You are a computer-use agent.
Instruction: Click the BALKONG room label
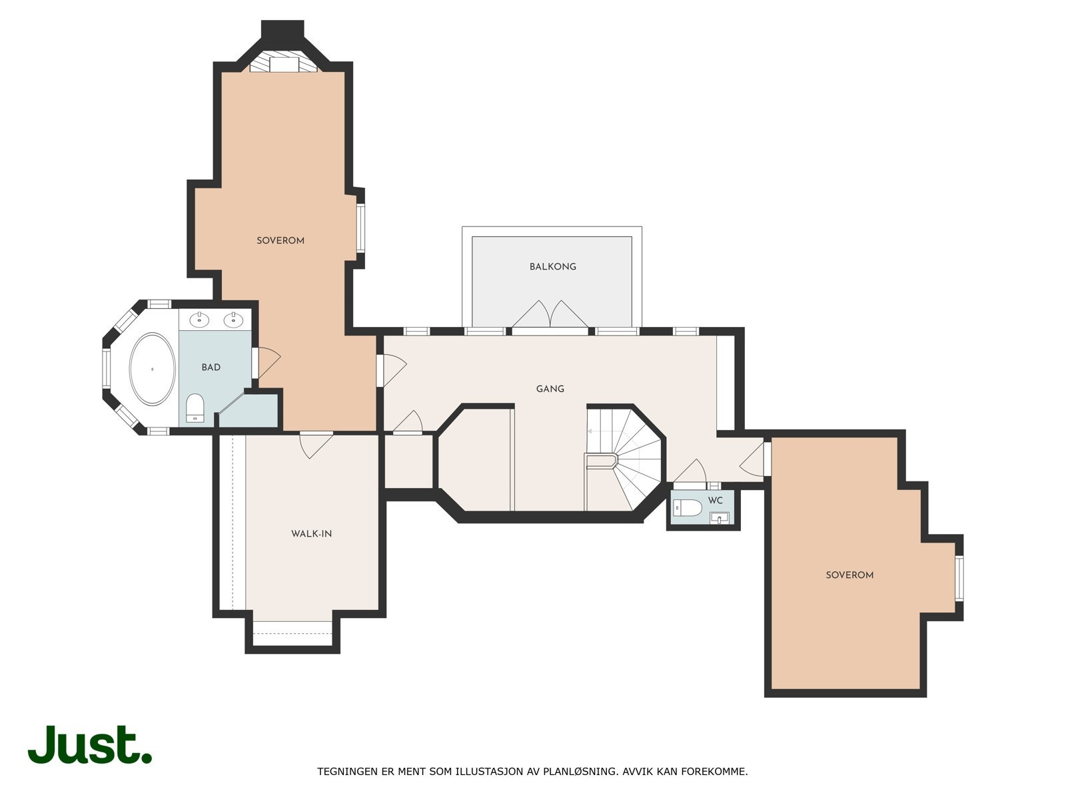click(x=552, y=266)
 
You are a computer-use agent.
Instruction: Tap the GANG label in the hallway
click(x=550, y=388)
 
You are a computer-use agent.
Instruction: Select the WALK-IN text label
click(x=311, y=533)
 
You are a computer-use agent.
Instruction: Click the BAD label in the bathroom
click(x=211, y=367)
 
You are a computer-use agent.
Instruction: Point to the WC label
click(x=716, y=500)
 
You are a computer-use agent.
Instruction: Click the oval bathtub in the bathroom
click(x=153, y=368)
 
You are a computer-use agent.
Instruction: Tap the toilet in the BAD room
click(x=195, y=407)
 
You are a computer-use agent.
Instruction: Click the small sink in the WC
click(x=720, y=517)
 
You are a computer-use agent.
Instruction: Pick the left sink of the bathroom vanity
click(x=199, y=320)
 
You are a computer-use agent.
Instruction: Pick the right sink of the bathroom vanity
click(x=233, y=320)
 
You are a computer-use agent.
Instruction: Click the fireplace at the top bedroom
click(x=283, y=63)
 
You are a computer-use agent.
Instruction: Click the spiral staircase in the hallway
click(x=630, y=459)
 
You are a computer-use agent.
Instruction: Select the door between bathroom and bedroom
click(x=265, y=363)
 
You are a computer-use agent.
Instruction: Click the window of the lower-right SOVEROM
click(x=959, y=578)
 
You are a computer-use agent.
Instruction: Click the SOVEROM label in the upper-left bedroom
click(x=280, y=240)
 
